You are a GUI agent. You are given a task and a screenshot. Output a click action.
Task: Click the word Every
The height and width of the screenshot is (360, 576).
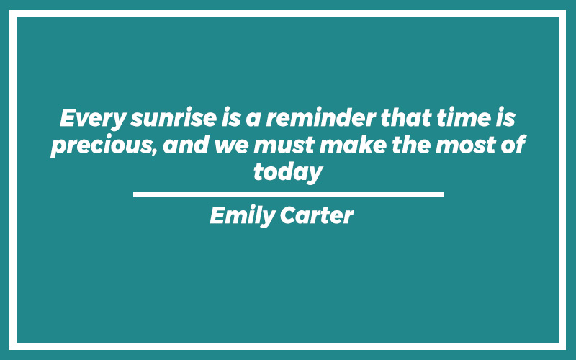(94, 118)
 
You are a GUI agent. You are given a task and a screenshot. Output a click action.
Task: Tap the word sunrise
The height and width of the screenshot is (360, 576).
(174, 118)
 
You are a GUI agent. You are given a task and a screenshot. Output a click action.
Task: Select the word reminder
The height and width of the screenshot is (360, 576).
(321, 117)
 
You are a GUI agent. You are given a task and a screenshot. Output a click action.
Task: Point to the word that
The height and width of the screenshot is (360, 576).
(406, 117)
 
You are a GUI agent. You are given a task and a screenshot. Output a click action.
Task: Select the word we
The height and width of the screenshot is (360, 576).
(231, 147)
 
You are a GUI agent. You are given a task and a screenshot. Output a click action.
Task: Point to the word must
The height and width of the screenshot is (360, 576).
(284, 145)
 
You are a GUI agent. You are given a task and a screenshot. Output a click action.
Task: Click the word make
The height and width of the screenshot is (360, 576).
(353, 145)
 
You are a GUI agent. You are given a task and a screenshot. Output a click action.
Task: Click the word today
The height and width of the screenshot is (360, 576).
(288, 172)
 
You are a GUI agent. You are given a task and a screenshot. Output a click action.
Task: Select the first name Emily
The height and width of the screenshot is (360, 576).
(243, 215)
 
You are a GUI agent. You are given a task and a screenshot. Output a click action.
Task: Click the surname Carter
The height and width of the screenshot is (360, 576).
(317, 215)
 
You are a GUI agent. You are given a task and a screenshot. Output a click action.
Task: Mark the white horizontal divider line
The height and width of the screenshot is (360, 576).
(289, 194)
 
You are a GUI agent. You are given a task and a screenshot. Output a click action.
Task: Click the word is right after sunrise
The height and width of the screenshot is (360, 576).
(231, 117)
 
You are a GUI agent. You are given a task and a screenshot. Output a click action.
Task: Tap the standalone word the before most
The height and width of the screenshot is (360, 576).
(411, 145)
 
